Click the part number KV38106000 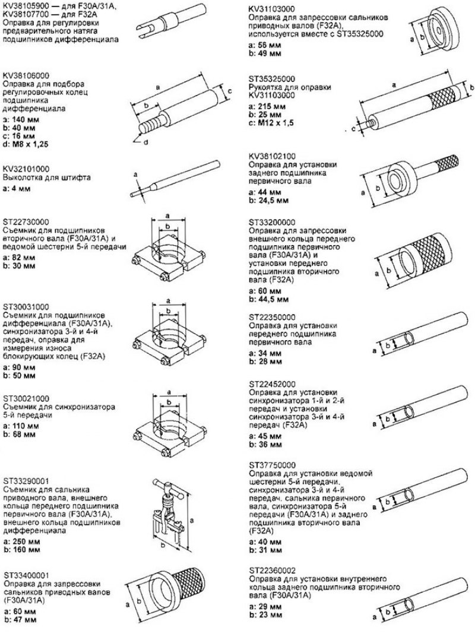pyautogui.click(x=26, y=75)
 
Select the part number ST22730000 pyautogui.click(x=26, y=222)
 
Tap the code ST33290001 pyautogui.click(x=26, y=481)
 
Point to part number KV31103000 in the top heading pyautogui.click(x=272, y=9)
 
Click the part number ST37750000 pyautogui.click(x=273, y=465)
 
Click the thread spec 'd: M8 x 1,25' pyautogui.click(x=26, y=144)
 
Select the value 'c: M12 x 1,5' pyautogui.click(x=271, y=123)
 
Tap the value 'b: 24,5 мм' pyautogui.click(x=268, y=201)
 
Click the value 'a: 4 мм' pyautogui.click(x=17, y=189)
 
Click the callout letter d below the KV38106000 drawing pyautogui.click(x=147, y=142)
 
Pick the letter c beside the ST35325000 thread pyautogui.click(x=353, y=129)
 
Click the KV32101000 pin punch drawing pyautogui.click(x=175, y=178)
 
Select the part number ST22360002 pyautogui.click(x=273, y=570)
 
